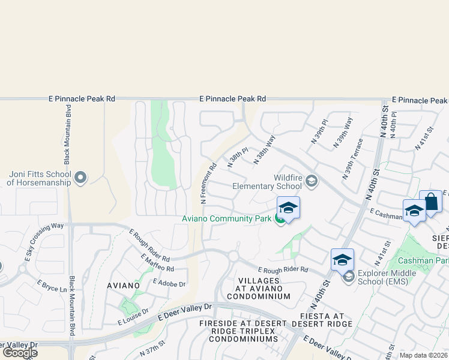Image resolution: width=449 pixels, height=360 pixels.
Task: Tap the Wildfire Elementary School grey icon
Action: point(311,180)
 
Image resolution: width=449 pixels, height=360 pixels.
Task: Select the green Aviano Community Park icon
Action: point(280,219)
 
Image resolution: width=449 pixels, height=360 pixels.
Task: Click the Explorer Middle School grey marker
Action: point(348,277)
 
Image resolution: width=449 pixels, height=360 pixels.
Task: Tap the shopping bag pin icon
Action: point(431,202)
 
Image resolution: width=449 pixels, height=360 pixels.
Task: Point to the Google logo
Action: point(20,353)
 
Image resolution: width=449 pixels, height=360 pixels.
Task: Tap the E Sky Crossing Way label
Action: point(44,244)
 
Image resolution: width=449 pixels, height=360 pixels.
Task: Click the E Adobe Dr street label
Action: point(170,282)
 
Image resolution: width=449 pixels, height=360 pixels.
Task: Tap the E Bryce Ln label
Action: point(52,286)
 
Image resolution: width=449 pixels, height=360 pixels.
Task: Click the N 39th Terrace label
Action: point(352,159)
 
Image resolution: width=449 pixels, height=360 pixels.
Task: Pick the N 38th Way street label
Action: point(265,149)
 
